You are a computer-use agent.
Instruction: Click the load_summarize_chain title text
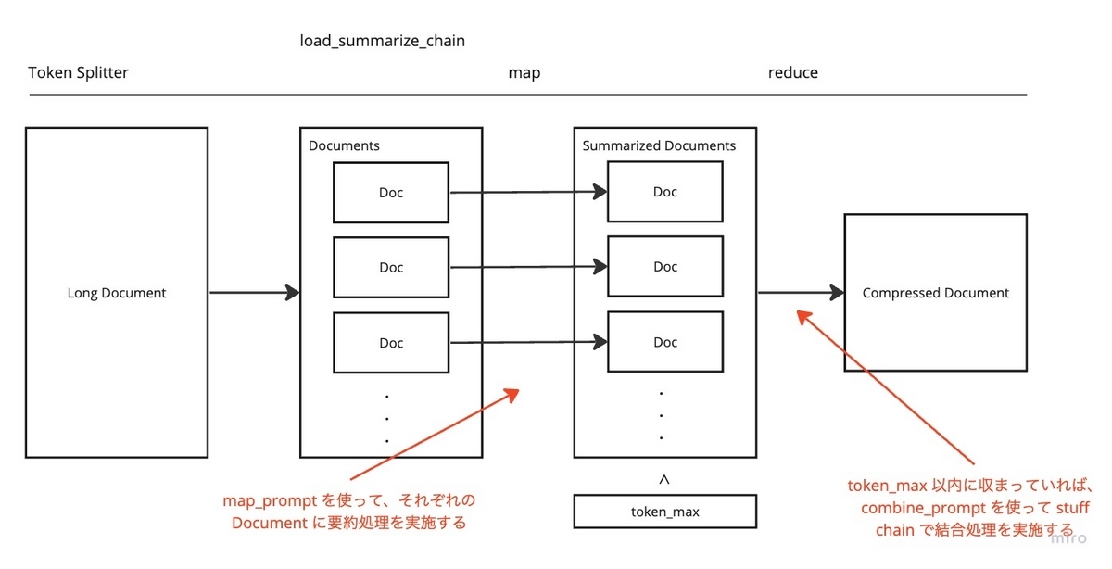pyautogui.click(x=382, y=42)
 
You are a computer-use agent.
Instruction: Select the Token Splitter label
pyautogui.click(x=79, y=72)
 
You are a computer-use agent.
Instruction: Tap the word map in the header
pyautogui.click(x=524, y=72)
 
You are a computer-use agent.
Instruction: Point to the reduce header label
pyautogui.click(x=792, y=72)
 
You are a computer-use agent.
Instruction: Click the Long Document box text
pyautogui.click(x=117, y=293)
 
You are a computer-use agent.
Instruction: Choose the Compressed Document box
pyautogui.click(x=935, y=293)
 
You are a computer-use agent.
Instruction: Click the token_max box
pyautogui.click(x=664, y=512)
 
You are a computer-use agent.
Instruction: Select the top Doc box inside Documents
pyautogui.click(x=391, y=193)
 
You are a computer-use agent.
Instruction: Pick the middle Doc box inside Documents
pyautogui.click(x=391, y=267)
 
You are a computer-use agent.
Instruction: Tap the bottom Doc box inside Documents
pyautogui.click(x=391, y=343)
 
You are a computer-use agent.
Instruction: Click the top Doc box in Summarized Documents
pyautogui.click(x=665, y=192)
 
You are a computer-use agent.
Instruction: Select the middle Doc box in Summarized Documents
pyautogui.click(x=665, y=266)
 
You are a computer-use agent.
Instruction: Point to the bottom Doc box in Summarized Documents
pyautogui.click(x=665, y=342)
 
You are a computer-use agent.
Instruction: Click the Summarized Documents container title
pyautogui.click(x=659, y=145)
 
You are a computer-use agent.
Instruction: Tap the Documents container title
pyautogui.click(x=344, y=145)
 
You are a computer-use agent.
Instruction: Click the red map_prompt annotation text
pyautogui.click(x=348, y=512)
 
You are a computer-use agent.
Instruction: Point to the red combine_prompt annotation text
pyautogui.click(x=973, y=508)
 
